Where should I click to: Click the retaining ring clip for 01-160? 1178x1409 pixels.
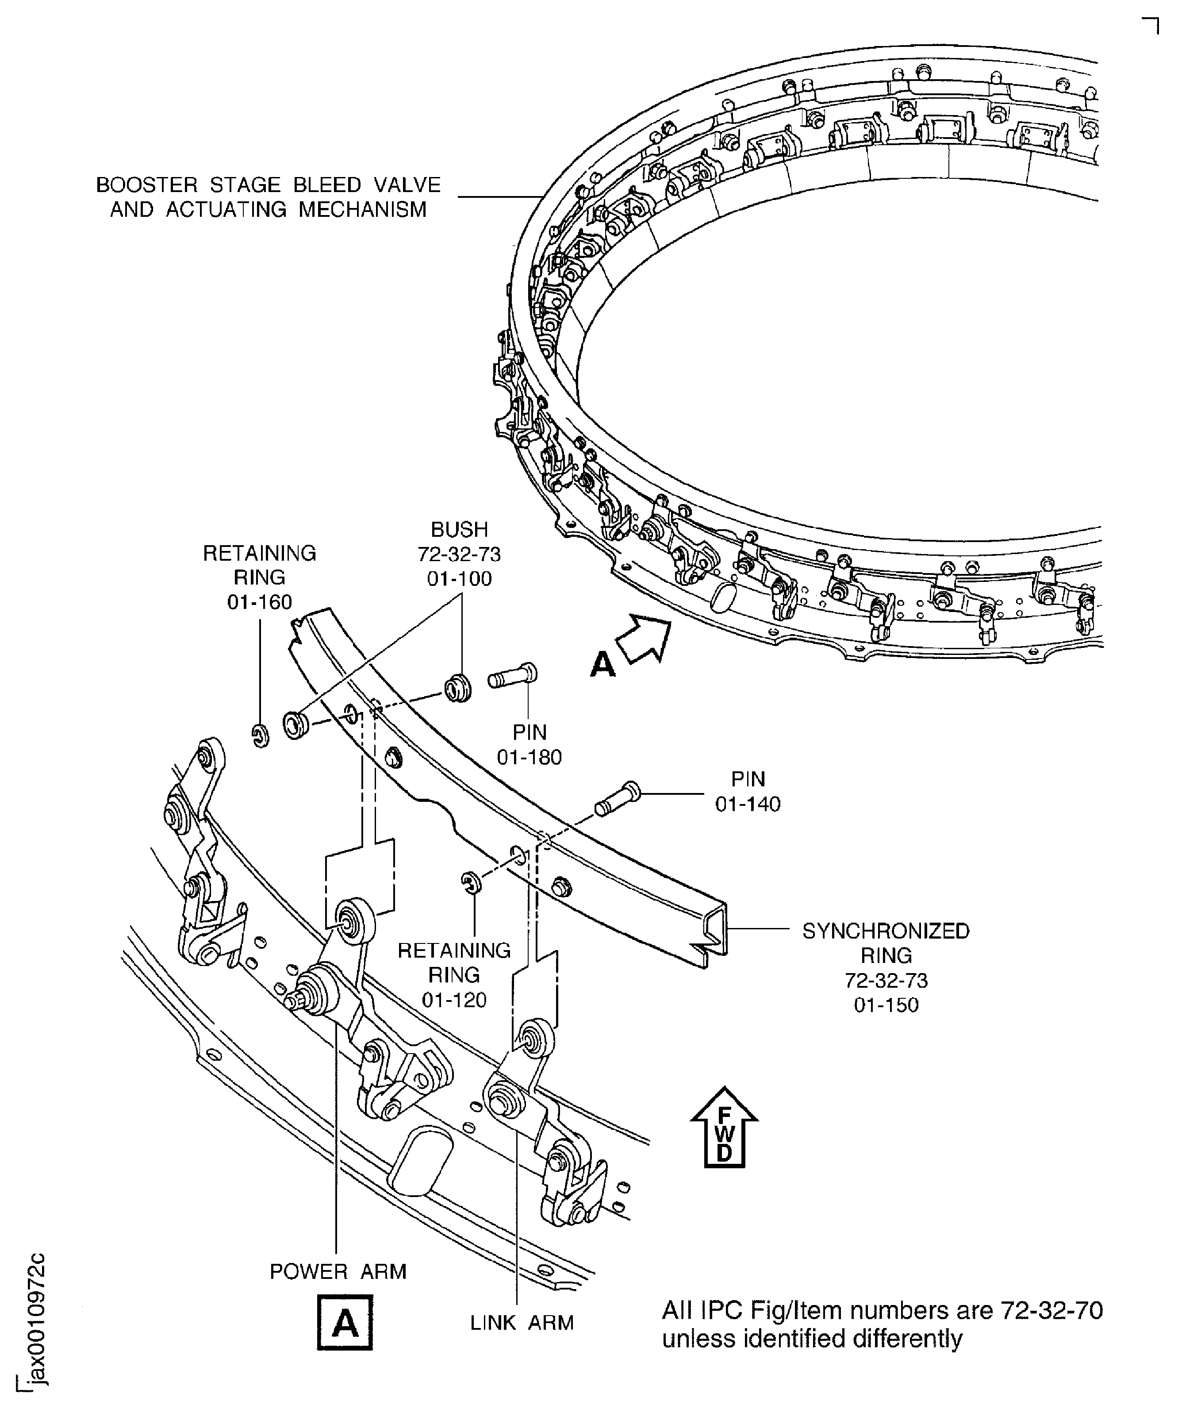[x=261, y=735]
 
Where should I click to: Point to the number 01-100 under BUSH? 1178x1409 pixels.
[x=460, y=578]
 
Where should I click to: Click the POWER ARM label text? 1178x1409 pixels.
[x=338, y=1271]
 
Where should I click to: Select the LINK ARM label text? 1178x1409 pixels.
[x=522, y=1322]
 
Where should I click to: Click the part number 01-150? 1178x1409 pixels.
[x=886, y=1024]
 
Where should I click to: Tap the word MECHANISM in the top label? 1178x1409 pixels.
[x=362, y=209]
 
